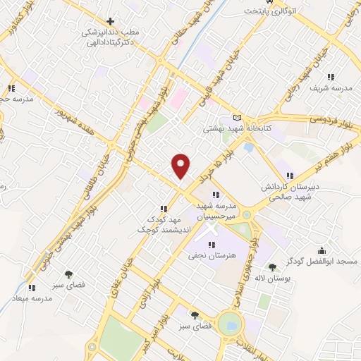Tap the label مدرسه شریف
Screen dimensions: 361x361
[x=331, y=89]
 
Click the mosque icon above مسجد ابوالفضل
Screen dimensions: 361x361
[x=323, y=250]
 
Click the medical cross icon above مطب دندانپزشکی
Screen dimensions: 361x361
[x=109, y=22]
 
